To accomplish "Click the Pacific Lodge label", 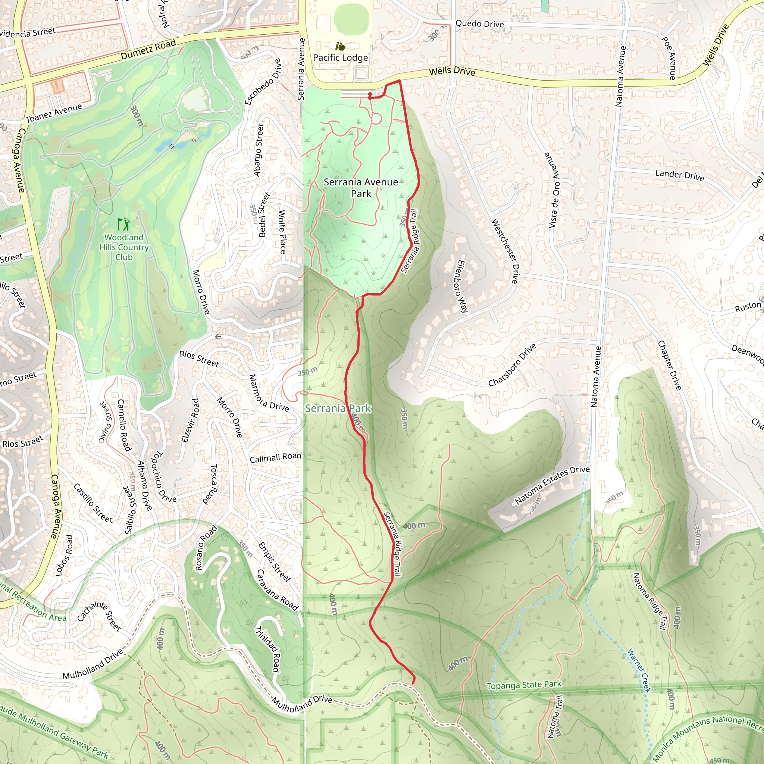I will pos(340,58).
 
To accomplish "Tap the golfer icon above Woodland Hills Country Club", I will pos(124,224).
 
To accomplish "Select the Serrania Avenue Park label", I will pos(361,188).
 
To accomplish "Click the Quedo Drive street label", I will pos(480,24).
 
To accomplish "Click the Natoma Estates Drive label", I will pos(552,485).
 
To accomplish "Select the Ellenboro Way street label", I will pos(462,286).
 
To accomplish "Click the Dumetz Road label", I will pos(148,50).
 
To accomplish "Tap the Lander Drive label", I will pos(679,175).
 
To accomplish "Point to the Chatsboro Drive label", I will pos(512,365).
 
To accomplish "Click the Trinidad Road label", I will pos(268,649).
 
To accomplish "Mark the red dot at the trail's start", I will pos(370,94).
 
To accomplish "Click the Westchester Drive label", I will pos(505,251).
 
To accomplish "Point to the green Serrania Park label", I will pos(338,408).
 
